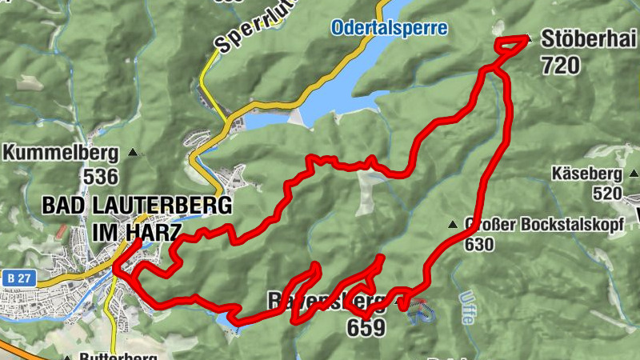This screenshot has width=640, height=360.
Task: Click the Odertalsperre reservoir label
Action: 390,28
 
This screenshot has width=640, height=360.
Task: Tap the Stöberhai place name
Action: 589,38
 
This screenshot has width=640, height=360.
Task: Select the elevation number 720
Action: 560,66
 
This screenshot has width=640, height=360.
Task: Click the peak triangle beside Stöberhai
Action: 528,38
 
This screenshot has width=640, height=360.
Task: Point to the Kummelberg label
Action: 61,151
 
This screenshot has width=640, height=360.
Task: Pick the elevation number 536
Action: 100,176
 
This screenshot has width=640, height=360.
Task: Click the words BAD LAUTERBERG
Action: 137,205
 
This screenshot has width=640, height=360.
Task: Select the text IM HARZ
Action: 137,231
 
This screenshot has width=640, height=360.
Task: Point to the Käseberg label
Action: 586,173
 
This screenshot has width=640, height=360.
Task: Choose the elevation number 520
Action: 607,194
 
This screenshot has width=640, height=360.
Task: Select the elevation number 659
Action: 366,327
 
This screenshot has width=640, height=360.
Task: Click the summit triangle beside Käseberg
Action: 633,173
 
